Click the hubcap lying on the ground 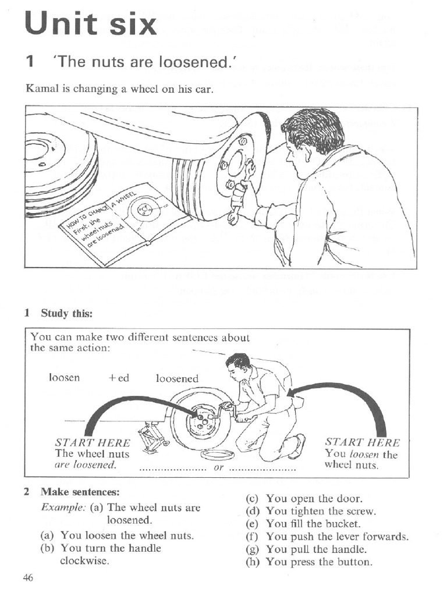point(217,455)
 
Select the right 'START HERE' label point(362,442)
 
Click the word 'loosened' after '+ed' point(177,379)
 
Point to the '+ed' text point(119,378)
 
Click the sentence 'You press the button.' point(318,562)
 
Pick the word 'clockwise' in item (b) point(84,561)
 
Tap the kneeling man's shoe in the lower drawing point(297,445)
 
